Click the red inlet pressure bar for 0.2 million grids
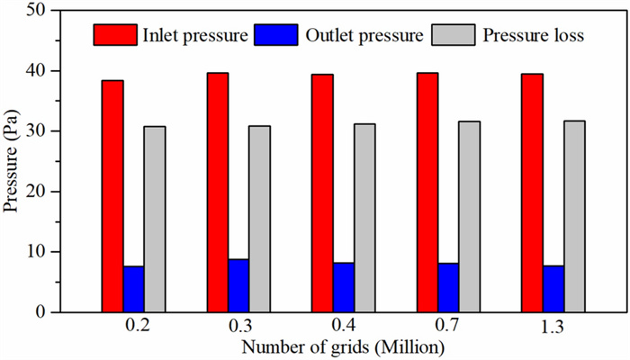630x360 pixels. (x=112, y=196)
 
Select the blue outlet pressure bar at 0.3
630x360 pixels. (x=238, y=285)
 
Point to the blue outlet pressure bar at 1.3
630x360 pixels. (x=553, y=289)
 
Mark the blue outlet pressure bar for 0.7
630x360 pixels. (x=448, y=287)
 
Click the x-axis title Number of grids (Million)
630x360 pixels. (x=343, y=346)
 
